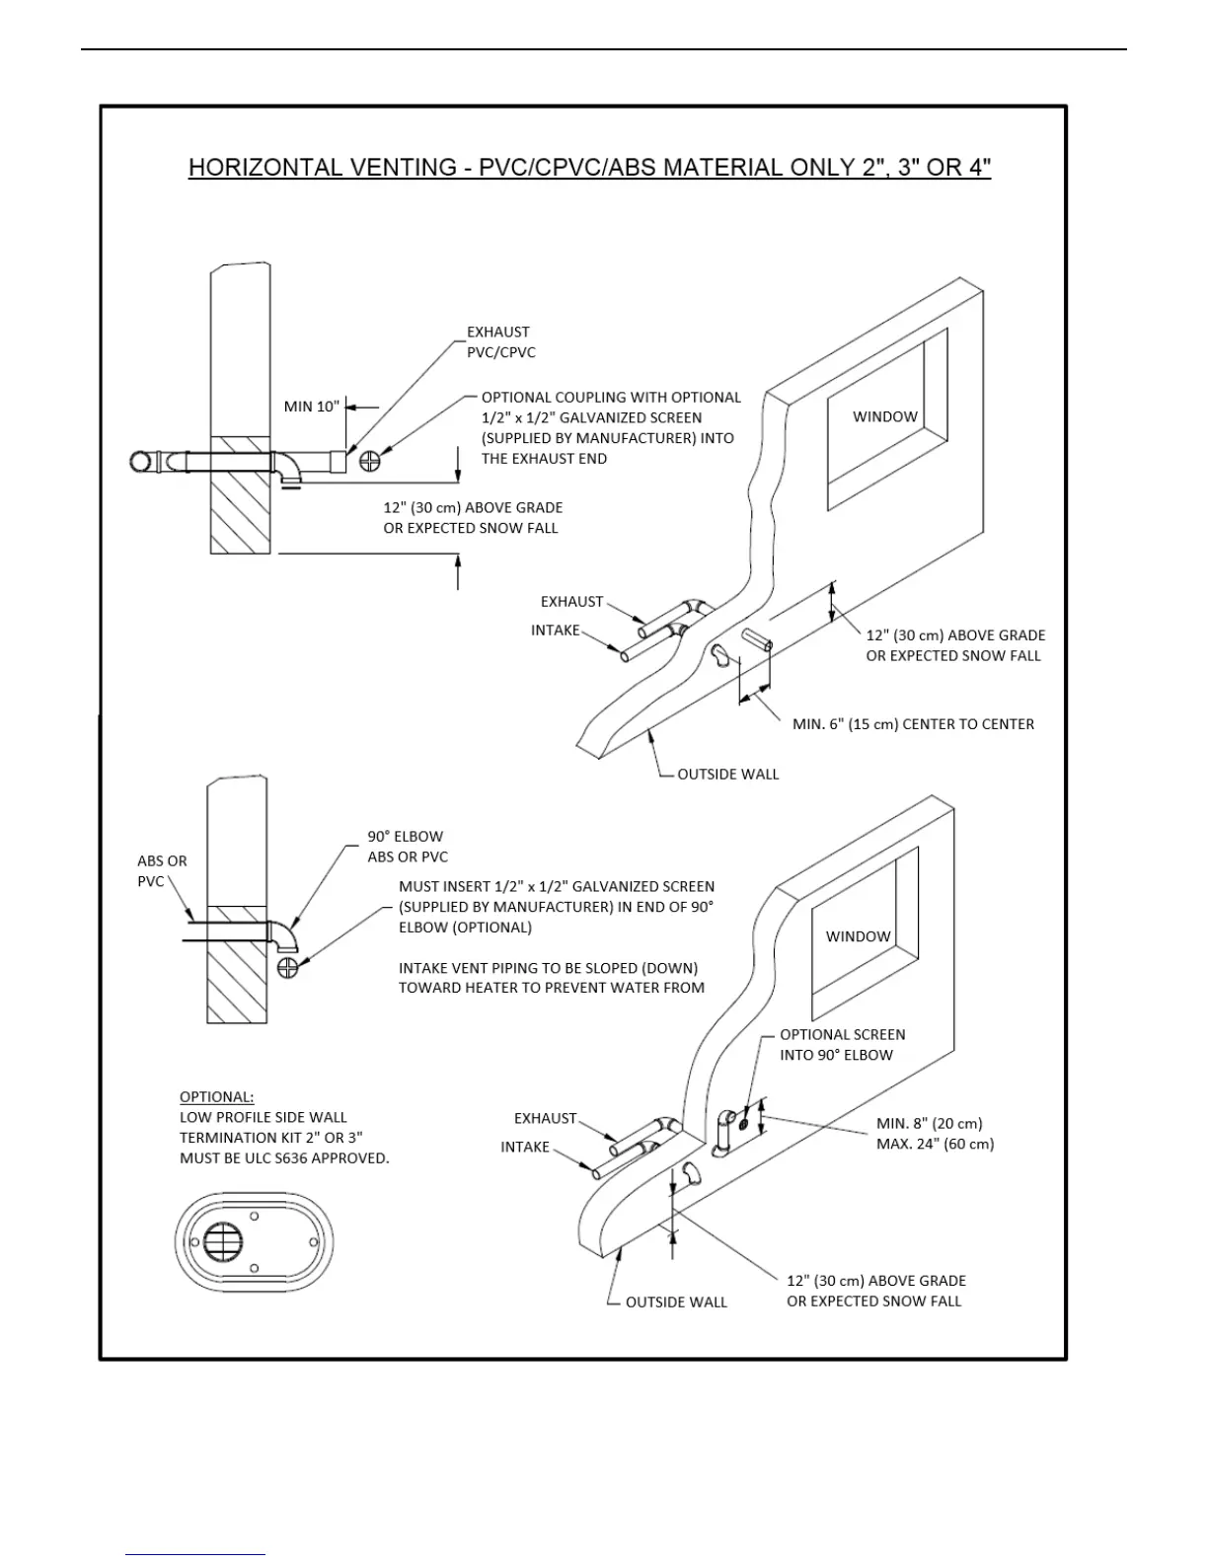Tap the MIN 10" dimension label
(311, 407)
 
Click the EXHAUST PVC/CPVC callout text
(501, 341)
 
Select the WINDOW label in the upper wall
(885, 416)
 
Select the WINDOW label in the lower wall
(858, 935)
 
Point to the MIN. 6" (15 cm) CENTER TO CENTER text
(913, 724)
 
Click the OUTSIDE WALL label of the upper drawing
(727, 775)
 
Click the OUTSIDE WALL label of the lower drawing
(676, 1302)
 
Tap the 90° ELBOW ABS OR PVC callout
(407, 847)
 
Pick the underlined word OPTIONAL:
(216, 1097)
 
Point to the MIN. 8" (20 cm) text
(929, 1124)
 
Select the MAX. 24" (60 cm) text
(935, 1145)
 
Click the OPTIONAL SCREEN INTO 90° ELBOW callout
(842, 1045)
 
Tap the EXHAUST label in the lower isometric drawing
(545, 1118)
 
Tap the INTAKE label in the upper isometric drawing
(556, 630)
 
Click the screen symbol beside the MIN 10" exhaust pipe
(370, 460)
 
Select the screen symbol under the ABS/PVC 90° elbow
(288, 967)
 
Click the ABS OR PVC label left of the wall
(161, 870)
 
